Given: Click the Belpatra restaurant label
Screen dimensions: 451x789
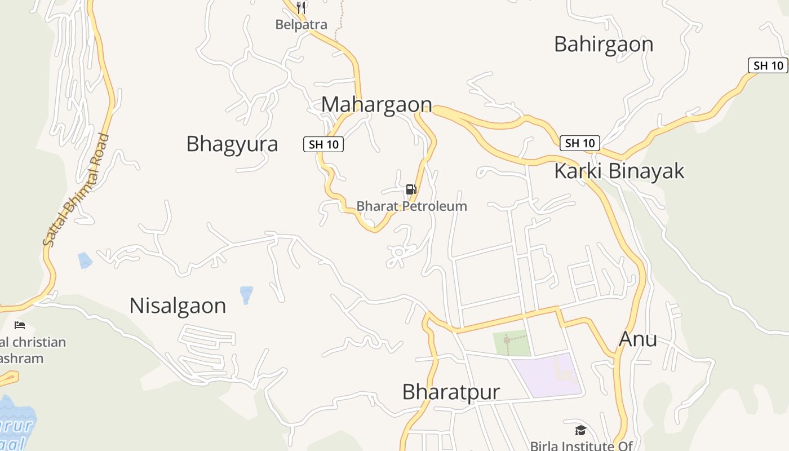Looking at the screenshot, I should tap(301, 25).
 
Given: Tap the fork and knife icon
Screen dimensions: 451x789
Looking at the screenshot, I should tap(301, 8).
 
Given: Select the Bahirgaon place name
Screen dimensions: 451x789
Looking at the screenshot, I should tap(604, 44).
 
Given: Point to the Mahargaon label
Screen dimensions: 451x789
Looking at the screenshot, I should tap(376, 104).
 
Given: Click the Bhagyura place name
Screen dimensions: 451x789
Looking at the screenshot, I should tap(232, 144).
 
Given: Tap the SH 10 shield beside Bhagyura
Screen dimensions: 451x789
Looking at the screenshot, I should tap(323, 144).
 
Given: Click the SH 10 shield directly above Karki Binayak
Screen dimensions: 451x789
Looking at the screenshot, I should tap(580, 143).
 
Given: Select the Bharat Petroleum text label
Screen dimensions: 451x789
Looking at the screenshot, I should tap(411, 206).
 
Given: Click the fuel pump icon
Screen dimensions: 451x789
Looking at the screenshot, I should tap(411, 189).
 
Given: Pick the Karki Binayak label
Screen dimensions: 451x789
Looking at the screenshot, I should tap(619, 171).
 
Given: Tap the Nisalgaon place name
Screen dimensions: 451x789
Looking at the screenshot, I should tap(178, 306).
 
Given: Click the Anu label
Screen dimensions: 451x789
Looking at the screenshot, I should tap(638, 339).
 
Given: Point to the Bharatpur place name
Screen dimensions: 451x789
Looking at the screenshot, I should tap(451, 392).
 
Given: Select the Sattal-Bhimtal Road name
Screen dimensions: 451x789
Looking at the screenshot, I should tap(76, 189).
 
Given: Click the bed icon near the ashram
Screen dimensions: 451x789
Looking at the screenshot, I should tap(20, 325).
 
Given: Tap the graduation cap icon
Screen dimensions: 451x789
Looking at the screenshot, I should tap(580, 431).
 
